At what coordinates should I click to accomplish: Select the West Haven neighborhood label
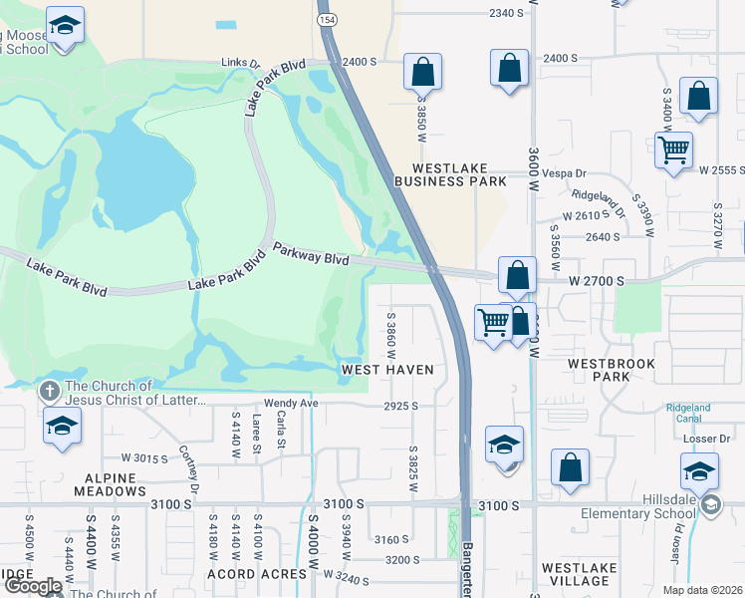coord(387,370)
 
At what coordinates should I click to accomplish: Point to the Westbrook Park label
coord(612,371)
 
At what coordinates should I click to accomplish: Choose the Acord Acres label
coord(257,574)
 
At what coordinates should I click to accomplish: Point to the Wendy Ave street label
coord(290,404)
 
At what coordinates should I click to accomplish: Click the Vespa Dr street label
coord(567,172)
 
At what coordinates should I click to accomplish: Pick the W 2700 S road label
coord(597,282)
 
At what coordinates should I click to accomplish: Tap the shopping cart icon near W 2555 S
coord(674,150)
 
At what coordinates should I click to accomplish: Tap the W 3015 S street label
coord(144,457)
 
